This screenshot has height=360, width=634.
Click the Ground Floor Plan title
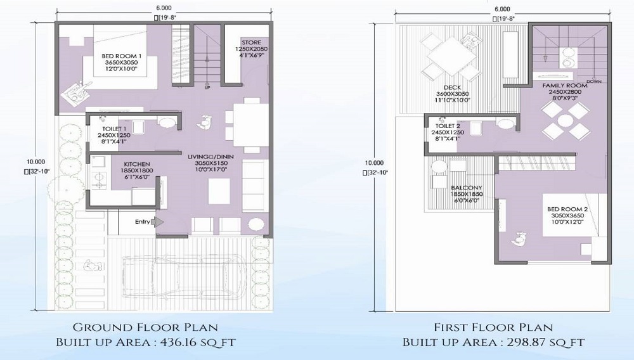point(145,328)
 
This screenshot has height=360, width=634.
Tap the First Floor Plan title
point(493,328)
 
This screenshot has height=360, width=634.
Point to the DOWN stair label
point(595,82)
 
